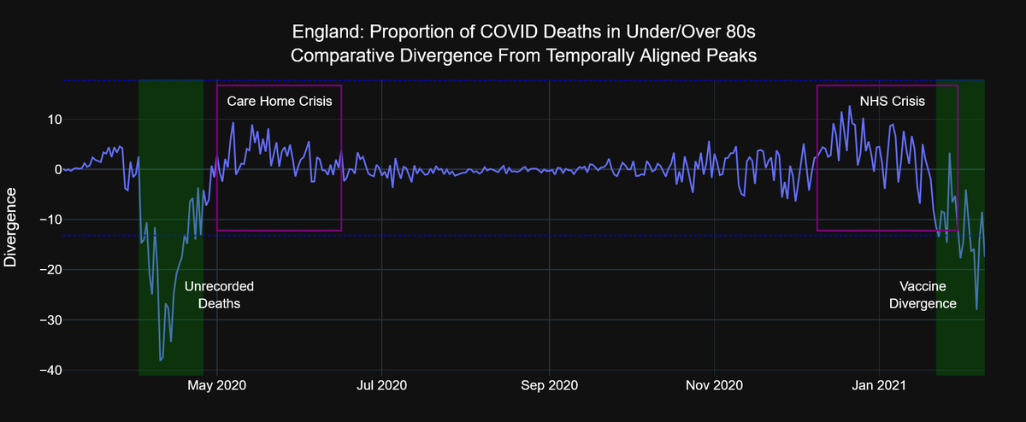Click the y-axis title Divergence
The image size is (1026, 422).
tap(11, 226)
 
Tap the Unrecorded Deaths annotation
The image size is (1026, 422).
tap(219, 295)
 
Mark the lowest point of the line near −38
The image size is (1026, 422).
tap(160, 360)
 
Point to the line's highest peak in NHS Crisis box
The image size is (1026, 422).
tap(849, 107)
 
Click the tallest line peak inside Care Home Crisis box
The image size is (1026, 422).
tap(233, 123)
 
